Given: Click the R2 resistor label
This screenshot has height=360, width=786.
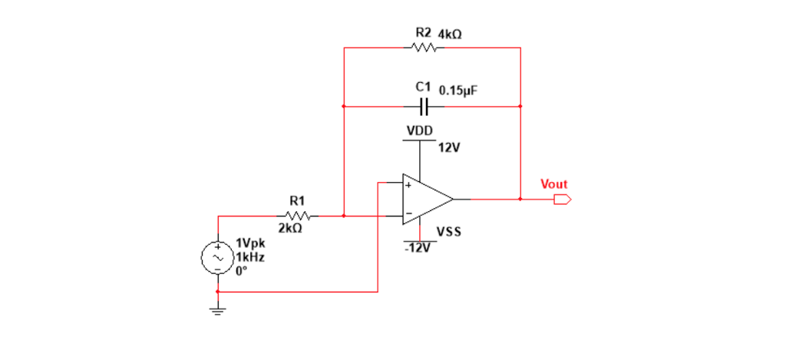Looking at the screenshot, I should coord(423,34).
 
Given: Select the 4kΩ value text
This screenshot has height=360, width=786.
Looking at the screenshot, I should coord(450,35).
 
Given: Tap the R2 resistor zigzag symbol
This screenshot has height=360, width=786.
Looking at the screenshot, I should coord(424,48).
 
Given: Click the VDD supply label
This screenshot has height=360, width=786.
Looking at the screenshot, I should coord(419,131).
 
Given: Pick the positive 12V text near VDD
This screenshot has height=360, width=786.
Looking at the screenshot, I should coord(449,147).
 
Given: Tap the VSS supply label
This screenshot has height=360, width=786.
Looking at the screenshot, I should coord(449,231).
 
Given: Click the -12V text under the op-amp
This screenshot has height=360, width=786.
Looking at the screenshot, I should coord(418,249).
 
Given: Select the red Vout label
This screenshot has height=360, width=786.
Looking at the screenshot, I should coord(553,184).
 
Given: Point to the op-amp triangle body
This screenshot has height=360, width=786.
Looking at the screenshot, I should coord(424,199).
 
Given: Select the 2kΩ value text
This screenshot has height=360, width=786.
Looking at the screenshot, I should coord(290,229).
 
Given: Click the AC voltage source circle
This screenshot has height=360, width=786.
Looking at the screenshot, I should coord(218,259).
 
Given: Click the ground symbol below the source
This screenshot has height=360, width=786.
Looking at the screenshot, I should coord(218,309).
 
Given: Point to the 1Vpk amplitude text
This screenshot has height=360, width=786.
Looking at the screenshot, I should coord(250,247).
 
